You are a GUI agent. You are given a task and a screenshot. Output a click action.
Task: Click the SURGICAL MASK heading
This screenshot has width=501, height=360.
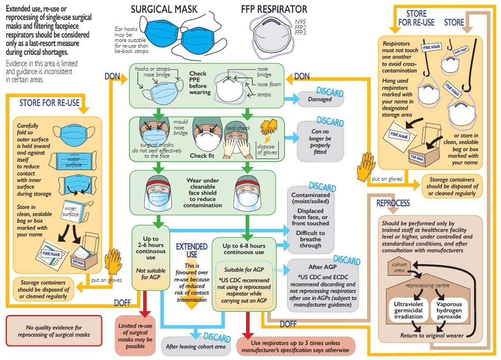click(x=164, y=10)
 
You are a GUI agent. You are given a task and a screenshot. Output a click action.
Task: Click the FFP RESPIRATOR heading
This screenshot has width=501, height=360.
click(x=274, y=10)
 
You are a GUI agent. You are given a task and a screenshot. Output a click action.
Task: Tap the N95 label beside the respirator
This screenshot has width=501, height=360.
click(x=300, y=21)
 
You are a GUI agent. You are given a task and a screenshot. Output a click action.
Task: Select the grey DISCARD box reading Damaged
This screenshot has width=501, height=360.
click(x=320, y=99)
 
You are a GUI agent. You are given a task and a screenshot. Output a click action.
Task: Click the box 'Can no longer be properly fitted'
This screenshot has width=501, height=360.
click(x=320, y=141)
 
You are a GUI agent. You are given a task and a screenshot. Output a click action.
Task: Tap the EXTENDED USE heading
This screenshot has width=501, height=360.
click(x=191, y=250)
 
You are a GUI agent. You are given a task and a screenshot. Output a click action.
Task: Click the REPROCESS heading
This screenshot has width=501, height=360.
click(x=393, y=203)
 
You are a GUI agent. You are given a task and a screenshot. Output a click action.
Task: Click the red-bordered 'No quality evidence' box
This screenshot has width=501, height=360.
click(x=54, y=331)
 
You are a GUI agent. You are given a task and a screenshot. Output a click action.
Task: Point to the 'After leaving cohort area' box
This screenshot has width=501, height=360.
click(x=196, y=346)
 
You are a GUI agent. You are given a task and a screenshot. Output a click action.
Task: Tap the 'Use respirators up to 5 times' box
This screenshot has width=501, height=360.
click(x=296, y=346)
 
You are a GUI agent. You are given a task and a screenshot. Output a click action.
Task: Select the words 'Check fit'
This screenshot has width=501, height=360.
click(x=201, y=155)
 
